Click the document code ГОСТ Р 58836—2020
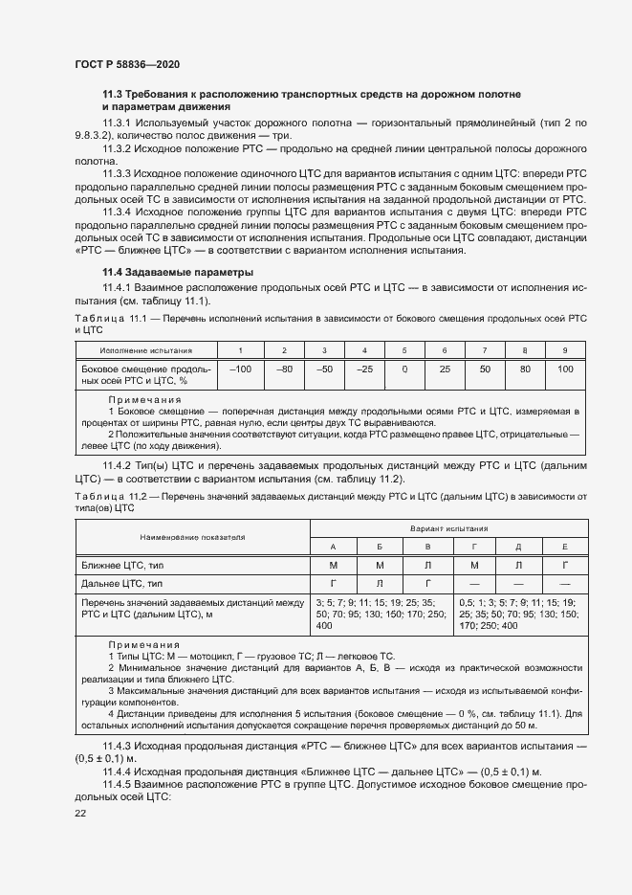126,63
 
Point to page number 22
80,813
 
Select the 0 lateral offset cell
404,369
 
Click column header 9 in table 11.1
565,350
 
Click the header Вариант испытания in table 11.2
448,527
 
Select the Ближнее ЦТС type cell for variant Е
565,565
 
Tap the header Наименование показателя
190,537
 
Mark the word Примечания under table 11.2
144,646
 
